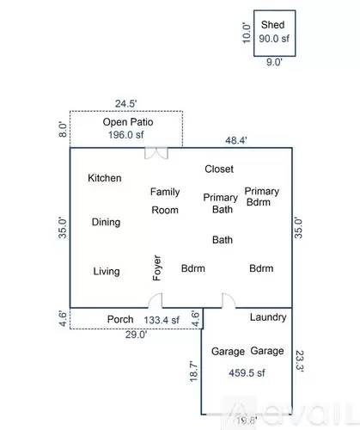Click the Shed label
point(273,25)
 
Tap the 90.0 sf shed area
point(274,39)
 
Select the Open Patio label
point(126,122)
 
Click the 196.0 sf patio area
point(126,135)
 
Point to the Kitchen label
point(105,178)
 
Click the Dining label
point(106,222)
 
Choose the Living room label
point(107,272)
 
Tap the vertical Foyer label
point(157,268)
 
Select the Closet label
point(219,169)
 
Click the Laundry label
point(267,317)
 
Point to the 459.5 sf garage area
point(247,373)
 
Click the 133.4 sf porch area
point(161,320)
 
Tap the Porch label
point(119,320)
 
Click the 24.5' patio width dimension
point(126,103)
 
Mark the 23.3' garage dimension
point(300,359)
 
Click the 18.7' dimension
point(194,372)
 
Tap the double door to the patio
point(156,154)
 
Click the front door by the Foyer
point(156,302)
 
